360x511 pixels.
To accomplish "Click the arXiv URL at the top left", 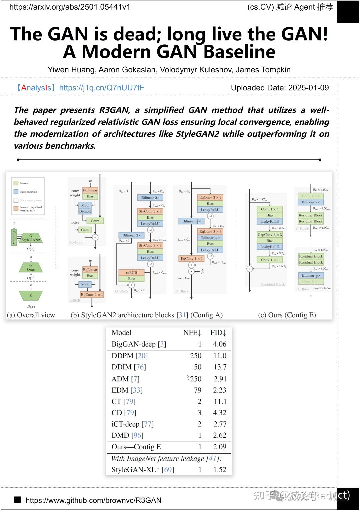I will (70, 7).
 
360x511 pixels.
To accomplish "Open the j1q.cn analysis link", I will (101, 88).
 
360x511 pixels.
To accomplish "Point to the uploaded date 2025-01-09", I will (308, 88).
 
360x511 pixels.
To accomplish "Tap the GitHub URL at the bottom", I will (93, 500).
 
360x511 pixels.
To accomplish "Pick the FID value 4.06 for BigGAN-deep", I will (219, 344).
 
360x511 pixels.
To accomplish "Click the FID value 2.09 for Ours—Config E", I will (219, 447).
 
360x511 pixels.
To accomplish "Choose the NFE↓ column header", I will (192, 332).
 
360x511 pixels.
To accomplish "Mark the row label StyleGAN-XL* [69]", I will (143, 470).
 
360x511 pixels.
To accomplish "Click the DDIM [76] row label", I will (129, 367).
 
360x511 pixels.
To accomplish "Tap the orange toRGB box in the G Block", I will (131, 273).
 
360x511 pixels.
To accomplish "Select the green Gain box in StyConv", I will (85, 230).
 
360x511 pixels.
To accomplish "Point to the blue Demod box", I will (85, 211).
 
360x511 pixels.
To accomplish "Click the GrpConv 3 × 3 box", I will (270, 235).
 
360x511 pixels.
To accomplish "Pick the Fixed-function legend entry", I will (28, 192).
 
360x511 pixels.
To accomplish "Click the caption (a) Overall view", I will (31, 315).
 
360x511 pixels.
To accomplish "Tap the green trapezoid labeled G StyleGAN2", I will (31, 238).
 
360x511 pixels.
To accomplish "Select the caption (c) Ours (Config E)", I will (287, 315).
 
